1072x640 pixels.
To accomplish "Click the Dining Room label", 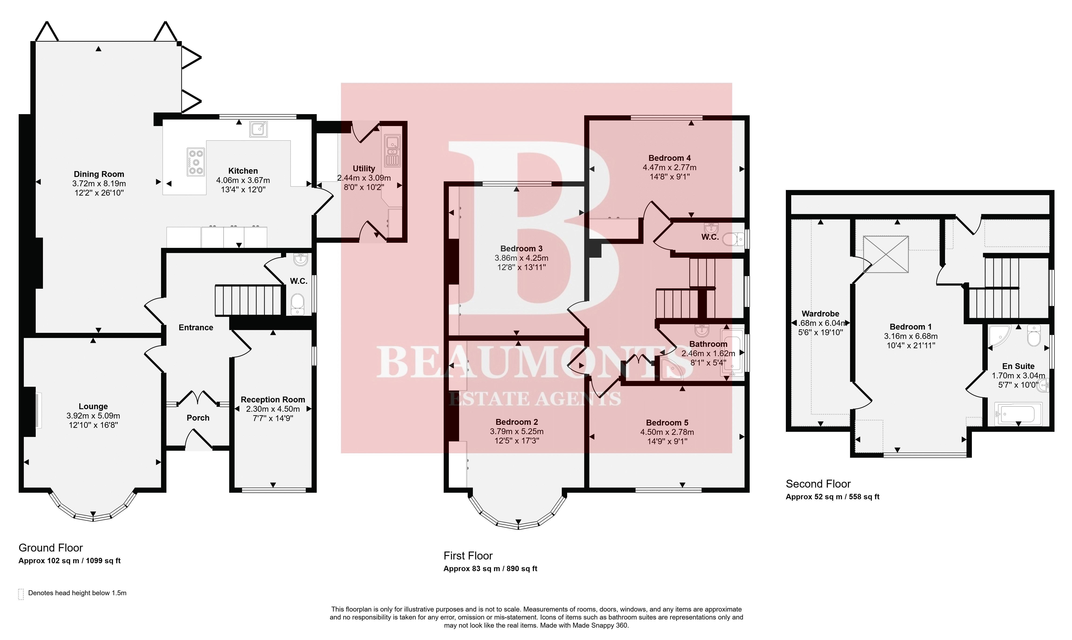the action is [99, 174].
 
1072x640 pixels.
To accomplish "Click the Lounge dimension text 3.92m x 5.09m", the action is [93, 416].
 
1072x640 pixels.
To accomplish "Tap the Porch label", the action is [198, 418].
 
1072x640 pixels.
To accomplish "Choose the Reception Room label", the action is [273, 400].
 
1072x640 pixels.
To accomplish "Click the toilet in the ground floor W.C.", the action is [298, 304].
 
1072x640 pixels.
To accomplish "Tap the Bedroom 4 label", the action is [670, 158].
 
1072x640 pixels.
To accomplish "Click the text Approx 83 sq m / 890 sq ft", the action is [490, 568].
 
